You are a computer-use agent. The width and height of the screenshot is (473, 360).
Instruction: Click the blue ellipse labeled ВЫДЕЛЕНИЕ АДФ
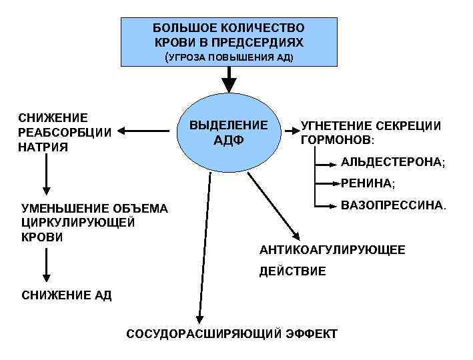(x=229, y=133)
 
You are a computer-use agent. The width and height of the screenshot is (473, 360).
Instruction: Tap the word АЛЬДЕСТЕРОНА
(x=392, y=162)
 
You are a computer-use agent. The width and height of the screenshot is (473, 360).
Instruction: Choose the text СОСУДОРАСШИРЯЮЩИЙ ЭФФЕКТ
(x=231, y=333)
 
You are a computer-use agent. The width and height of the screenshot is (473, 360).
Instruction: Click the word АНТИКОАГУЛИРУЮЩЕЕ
(x=332, y=250)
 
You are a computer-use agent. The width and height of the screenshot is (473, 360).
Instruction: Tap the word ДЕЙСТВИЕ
(x=292, y=271)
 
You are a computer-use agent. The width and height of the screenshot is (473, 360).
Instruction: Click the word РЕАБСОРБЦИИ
(x=65, y=131)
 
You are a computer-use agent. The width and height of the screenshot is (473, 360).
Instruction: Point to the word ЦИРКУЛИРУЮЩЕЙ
(x=78, y=223)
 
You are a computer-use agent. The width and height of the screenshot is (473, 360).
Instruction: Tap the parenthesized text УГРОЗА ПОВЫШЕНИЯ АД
(x=229, y=57)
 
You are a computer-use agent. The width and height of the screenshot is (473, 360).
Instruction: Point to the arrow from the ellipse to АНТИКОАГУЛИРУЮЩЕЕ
(x=273, y=213)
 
